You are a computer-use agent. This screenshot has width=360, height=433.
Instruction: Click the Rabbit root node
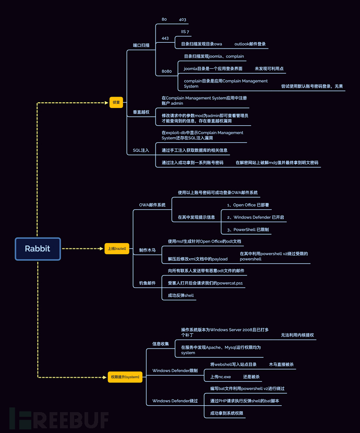(x=38, y=249)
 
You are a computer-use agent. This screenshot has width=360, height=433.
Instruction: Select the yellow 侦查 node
(x=116, y=102)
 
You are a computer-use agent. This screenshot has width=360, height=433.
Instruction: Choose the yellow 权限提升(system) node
(x=125, y=377)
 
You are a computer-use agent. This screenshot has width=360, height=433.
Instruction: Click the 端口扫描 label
(x=141, y=45)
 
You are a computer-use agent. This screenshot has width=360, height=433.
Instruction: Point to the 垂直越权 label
(x=141, y=112)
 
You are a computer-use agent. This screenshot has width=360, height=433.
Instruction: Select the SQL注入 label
(x=141, y=150)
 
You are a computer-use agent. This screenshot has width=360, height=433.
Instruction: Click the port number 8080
(x=166, y=71)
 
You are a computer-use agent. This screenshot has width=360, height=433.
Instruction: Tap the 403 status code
(x=183, y=19)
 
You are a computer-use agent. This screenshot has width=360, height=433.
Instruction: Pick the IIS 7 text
(x=186, y=32)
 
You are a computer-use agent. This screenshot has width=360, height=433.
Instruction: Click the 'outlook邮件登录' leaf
(x=250, y=44)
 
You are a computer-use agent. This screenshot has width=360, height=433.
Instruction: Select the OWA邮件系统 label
(x=152, y=205)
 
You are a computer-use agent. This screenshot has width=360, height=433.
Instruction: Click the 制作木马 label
(x=147, y=250)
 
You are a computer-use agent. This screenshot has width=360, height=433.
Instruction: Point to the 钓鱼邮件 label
(x=147, y=283)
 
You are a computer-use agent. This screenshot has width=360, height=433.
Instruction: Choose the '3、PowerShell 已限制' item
(x=248, y=230)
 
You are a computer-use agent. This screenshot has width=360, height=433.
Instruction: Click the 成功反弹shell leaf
(x=181, y=295)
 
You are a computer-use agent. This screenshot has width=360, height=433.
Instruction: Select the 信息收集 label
(x=160, y=344)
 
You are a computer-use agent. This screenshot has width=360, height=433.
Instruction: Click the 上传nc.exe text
(x=220, y=377)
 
